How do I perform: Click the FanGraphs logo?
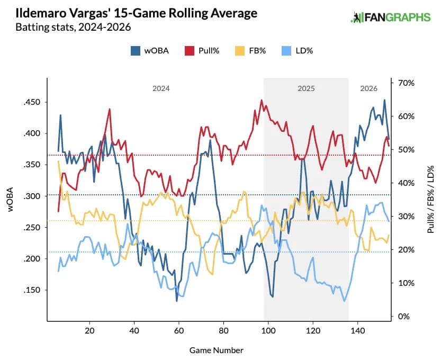tap(391, 17)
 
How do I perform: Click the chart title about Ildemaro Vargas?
tap(137, 13)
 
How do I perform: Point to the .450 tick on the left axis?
tap(32, 102)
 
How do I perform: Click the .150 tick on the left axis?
tap(32, 290)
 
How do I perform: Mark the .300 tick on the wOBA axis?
tap(32, 196)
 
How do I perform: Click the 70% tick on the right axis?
tap(405, 83)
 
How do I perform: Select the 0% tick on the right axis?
tap(403, 317)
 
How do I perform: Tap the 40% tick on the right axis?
tap(405, 183)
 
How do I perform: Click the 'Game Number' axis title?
tap(217, 350)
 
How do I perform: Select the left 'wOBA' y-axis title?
tap(11, 200)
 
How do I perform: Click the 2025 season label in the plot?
tap(306, 88)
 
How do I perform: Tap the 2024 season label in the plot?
tap(161, 88)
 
